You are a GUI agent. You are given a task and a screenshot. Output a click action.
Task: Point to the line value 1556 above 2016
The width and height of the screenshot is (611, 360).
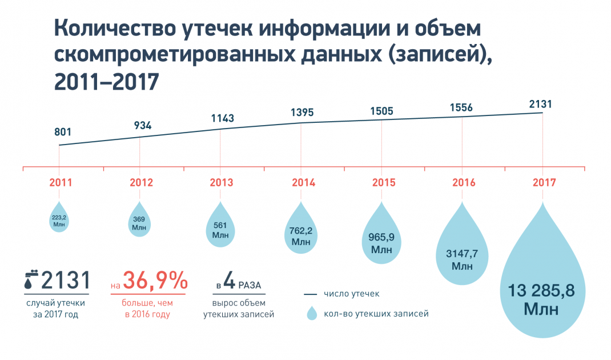coord(461,107)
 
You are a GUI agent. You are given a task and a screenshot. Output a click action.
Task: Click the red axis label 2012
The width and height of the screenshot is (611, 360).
coord(141,183)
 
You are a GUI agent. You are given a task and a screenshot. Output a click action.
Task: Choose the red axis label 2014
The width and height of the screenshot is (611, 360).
coord(303,183)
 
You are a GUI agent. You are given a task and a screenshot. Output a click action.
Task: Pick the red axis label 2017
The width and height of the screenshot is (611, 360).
coord(544,183)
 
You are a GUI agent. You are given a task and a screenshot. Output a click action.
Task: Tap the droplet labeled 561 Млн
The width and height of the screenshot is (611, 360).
coord(220,229)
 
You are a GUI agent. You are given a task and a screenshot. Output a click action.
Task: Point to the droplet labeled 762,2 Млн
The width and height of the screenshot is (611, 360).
coord(301,234)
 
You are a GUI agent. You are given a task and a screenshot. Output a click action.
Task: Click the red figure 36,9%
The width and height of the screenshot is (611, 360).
coord(155,281)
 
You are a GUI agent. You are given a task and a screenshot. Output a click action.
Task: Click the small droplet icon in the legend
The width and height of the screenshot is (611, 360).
coord(311,313)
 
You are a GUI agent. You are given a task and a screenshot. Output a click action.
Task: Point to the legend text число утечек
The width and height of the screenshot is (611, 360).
coord(351,294)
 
